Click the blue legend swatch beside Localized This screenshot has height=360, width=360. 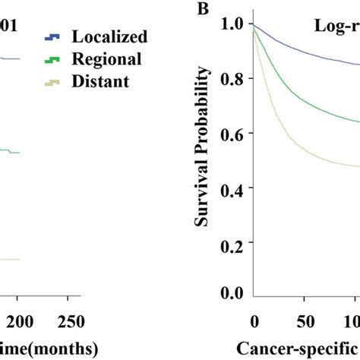(x=52, y=36)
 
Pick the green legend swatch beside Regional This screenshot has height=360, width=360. (x=52, y=58)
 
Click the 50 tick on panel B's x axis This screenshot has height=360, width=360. (x=307, y=320)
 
